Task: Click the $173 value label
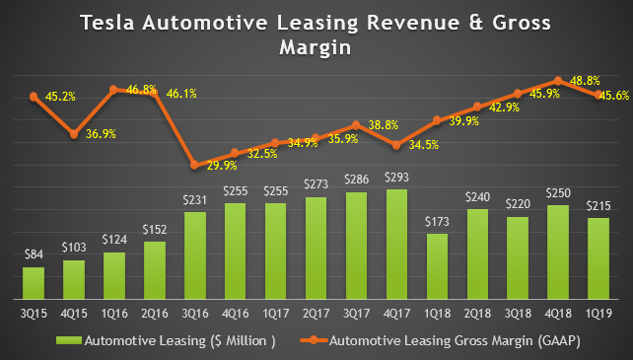(x=436, y=223)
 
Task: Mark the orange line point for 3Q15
(x=34, y=97)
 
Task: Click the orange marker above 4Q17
(x=395, y=145)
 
